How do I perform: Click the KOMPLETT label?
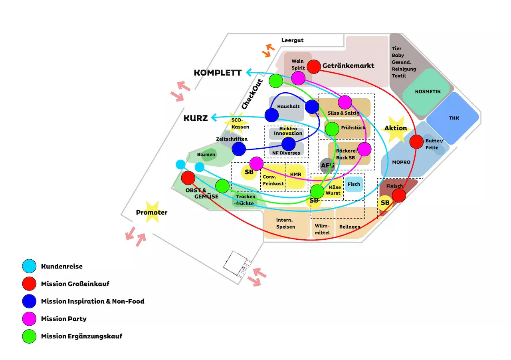(218, 73)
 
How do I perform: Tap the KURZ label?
(196, 118)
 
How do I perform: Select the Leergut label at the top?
(292, 40)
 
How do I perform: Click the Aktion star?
(395, 128)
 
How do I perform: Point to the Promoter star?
(152, 213)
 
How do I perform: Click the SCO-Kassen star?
(237, 123)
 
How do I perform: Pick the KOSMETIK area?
(428, 91)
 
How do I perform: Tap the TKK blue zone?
(453, 118)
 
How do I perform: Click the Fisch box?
(354, 184)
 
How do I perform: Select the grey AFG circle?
(327, 165)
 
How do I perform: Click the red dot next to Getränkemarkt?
(314, 66)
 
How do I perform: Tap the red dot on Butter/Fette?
(416, 141)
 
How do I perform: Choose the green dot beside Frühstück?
(332, 129)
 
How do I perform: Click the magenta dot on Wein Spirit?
(298, 78)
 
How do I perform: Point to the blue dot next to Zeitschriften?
(239, 149)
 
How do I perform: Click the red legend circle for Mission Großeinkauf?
(30, 284)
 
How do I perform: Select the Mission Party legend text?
(63, 318)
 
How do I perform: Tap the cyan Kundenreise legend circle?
(30, 266)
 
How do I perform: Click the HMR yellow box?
(296, 175)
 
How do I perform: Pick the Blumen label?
(206, 155)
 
